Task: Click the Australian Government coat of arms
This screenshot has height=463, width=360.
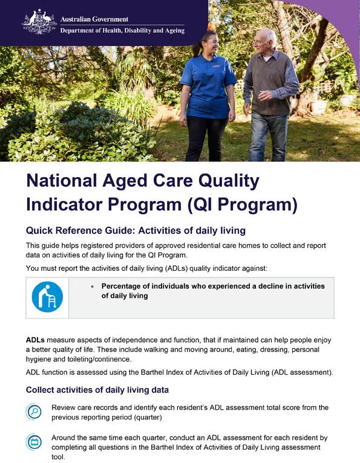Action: [x=39, y=21]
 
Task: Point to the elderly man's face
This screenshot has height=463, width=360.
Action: [x=263, y=42]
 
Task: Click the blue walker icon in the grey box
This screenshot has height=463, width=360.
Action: [x=47, y=296]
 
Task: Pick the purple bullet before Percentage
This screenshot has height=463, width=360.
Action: [x=92, y=287]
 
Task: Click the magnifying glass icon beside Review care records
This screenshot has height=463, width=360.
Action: [x=34, y=412]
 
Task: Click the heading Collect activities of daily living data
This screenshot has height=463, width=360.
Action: [x=97, y=390]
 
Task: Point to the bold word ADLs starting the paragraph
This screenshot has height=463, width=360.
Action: [x=35, y=340]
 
